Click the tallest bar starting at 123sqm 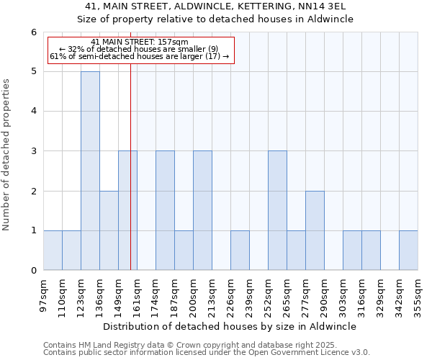point(90,171)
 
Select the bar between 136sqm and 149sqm point(109,230)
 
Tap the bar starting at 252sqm point(277,210)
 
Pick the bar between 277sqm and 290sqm point(315,230)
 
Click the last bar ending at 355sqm point(408,250)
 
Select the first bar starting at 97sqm point(53,250)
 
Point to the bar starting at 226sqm point(240,250)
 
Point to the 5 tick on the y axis point(34,71)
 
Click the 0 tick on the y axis point(34,270)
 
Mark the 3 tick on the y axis point(34,151)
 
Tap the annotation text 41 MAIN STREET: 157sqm point(140,42)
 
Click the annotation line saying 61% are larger point(140,56)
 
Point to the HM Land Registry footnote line point(180,346)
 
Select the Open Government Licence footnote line point(207,353)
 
